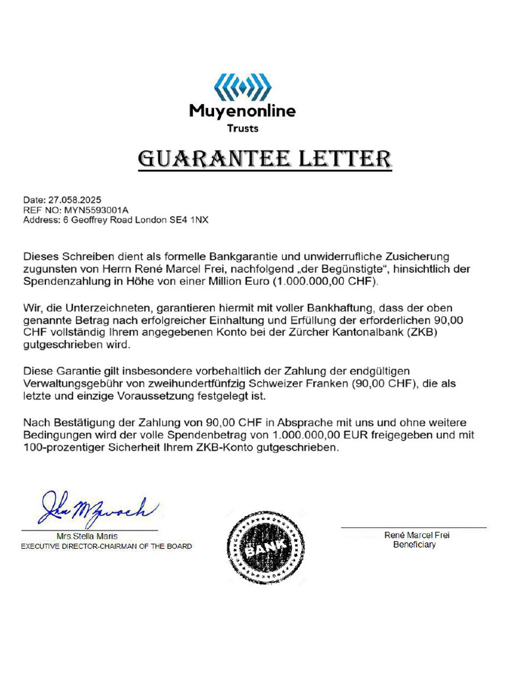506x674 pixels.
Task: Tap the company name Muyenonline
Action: (242, 111)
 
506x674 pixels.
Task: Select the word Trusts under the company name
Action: (242, 128)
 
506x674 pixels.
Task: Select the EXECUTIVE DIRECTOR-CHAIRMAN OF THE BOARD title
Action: (106, 546)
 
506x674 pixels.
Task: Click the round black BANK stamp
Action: (266, 546)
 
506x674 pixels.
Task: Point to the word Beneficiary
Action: (414, 545)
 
